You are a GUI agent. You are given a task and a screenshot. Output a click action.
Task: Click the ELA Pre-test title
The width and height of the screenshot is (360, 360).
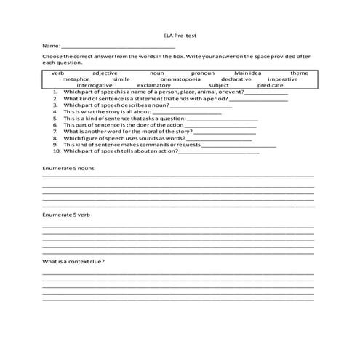click(180, 34)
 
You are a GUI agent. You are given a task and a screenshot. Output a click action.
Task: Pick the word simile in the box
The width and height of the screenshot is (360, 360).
click(121, 79)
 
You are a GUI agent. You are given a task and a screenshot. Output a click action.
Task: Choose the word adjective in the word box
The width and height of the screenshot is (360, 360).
click(105, 73)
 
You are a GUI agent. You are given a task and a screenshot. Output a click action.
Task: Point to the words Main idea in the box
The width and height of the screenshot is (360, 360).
click(247, 73)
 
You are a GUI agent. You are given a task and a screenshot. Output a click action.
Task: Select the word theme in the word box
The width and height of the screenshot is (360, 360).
click(299, 73)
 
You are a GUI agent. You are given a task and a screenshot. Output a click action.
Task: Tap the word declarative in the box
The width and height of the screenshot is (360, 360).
click(236, 79)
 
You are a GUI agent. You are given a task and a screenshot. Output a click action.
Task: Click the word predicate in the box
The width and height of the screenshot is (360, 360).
click(270, 85)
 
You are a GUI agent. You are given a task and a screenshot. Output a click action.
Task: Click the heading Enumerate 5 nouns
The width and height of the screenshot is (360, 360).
click(68, 169)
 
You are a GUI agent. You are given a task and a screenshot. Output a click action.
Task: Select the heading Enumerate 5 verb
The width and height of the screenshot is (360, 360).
click(66, 215)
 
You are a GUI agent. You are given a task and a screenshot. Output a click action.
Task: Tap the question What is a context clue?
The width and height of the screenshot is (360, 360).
click(73, 261)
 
